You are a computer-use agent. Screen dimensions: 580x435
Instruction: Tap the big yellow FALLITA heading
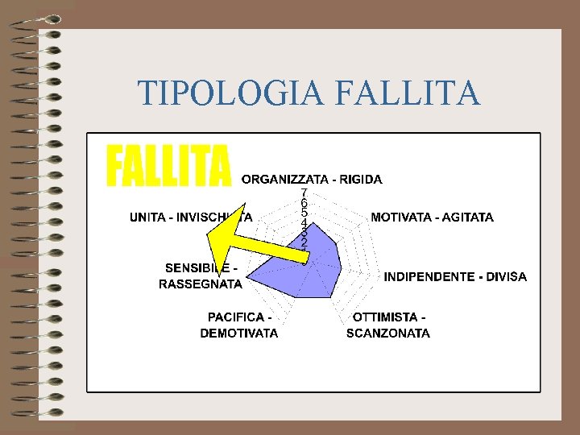coord(168,165)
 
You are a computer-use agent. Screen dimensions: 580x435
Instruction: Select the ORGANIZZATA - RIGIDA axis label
coord(312,179)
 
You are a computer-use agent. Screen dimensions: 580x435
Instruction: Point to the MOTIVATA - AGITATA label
coord(432,217)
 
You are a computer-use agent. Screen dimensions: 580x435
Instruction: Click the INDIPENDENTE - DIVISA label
coord(455,276)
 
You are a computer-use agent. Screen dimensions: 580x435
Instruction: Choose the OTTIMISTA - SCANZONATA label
coord(388,325)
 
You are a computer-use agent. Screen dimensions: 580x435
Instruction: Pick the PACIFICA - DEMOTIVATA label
coord(239,325)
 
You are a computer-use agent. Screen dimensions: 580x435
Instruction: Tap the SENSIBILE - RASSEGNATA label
coord(201,275)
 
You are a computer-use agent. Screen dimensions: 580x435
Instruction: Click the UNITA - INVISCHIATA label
coord(191,217)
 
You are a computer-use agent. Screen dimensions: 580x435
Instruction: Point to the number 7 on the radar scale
coord(304,193)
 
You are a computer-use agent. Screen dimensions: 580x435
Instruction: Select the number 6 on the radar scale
coord(304,203)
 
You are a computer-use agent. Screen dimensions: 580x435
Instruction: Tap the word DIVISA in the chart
coord(505,276)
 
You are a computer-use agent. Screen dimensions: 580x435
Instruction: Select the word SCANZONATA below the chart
coord(388,333)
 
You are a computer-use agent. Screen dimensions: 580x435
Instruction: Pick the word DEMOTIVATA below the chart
coord(239,333)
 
